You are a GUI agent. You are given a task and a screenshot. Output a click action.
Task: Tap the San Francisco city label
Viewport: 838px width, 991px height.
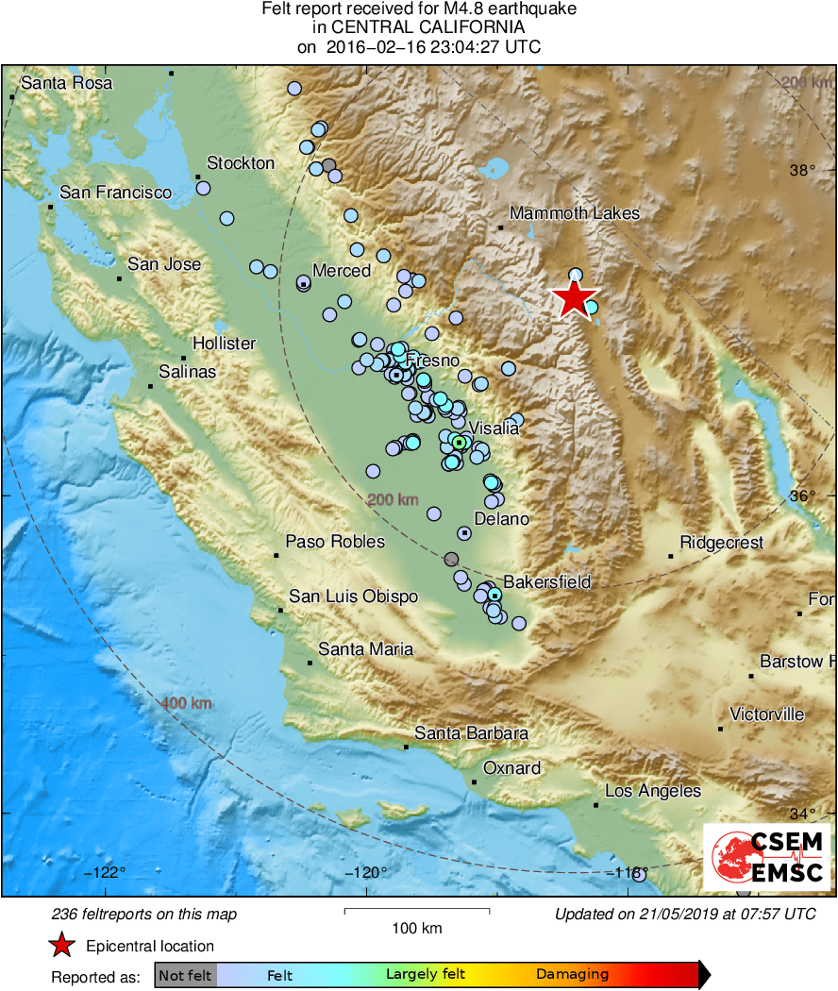point(115,193)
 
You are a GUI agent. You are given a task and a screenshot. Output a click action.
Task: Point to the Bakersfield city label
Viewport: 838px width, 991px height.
point(546,581)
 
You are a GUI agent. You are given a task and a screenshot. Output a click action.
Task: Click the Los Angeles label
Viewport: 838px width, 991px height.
point(652,791)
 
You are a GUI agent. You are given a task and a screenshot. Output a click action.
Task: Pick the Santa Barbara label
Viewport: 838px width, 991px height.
point(471,733)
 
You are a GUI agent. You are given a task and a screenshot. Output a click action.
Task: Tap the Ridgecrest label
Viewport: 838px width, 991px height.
point(721,543)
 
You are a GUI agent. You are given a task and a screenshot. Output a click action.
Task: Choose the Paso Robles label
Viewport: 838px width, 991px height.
point(335,542)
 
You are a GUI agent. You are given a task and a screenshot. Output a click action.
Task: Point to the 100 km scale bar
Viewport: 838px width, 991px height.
point(416,911)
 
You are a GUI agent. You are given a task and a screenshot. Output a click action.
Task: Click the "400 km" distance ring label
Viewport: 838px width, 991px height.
point(186,704)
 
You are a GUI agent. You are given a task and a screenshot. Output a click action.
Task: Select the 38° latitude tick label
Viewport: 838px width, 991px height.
point(803,170)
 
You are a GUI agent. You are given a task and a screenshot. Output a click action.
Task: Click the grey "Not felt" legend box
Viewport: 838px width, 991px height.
point(185,975)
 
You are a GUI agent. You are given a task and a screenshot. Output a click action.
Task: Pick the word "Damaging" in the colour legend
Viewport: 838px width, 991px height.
point(572,975)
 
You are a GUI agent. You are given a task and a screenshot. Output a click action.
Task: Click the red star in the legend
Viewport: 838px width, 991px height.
point(62,946)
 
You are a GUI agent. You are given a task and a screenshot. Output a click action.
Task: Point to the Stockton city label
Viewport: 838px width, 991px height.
point(241,163)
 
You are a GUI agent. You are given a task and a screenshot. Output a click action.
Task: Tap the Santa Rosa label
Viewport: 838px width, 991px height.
point(66,83)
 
